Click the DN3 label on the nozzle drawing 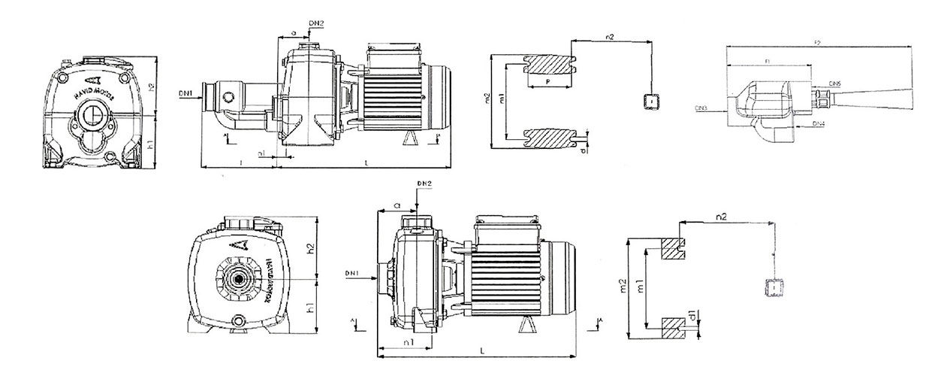point(701,109)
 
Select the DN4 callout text point(819,122)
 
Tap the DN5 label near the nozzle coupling point(834,83)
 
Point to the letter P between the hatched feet point(547,80)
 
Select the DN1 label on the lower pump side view point(352,271)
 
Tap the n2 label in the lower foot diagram point(722,217)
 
